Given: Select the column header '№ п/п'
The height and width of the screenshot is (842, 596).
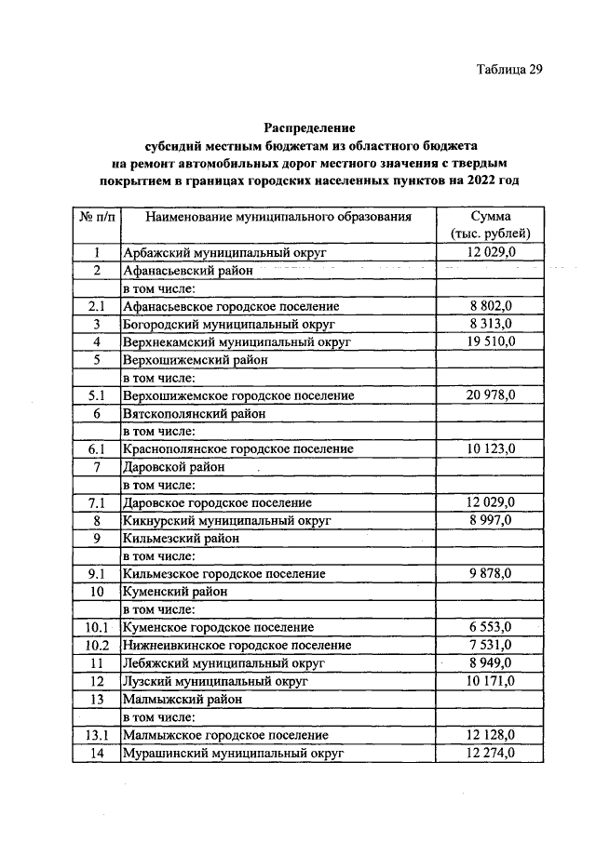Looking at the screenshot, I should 96,217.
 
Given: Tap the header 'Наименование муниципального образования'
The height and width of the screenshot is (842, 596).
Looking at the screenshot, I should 265,217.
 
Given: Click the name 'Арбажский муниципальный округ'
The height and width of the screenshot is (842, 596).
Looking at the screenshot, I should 224,252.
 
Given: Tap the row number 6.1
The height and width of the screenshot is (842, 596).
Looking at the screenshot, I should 96,449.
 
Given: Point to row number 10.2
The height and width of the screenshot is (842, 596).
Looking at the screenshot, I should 96,646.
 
